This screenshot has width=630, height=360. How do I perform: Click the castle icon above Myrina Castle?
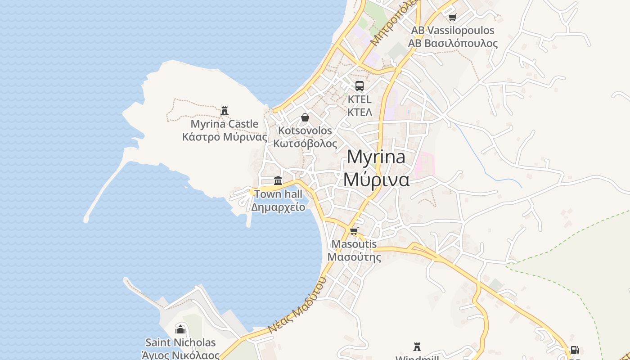[225, 110]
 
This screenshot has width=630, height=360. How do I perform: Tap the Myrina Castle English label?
[225, 124]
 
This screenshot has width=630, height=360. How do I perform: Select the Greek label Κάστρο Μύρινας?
[225, 137]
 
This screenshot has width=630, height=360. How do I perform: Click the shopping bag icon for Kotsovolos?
[305, 117]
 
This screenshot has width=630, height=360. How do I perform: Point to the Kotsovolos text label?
[305, 131]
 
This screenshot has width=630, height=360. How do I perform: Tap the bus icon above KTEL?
[360, 86]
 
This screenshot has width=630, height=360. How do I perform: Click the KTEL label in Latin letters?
[360, 99]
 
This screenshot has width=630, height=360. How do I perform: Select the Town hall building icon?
[278, 181]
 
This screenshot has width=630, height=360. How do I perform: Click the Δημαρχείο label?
[278, 207]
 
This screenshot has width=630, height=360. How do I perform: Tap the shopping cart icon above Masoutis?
[354, 231]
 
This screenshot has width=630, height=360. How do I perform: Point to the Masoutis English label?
[354, 244]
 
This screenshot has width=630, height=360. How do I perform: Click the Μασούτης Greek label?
[354, 257]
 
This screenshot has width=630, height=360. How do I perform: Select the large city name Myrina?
[376, 157]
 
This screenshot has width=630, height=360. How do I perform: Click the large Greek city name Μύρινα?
[376, 179]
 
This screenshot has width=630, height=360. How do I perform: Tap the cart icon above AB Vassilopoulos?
[452, 18]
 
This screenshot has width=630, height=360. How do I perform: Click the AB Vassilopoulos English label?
[453, 31]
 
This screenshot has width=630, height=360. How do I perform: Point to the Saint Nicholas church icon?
[180, 329]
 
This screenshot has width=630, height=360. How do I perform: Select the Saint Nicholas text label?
[180, 343]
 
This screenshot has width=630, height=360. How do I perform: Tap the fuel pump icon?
[575, 350]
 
